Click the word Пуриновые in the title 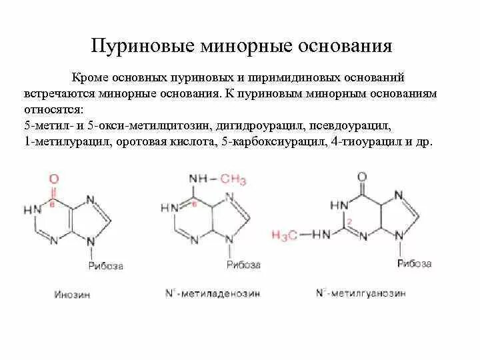coord(137,47)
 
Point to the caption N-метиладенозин coord(212,293)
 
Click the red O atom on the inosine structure coord(54,179)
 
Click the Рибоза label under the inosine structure coord(107,266)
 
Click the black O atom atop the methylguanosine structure coord(362,177)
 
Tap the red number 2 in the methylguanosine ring coord(348,220)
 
